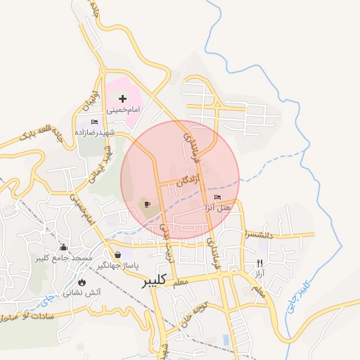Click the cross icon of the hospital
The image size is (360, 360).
coord(123,98)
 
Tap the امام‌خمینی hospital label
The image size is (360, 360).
coord(124,110)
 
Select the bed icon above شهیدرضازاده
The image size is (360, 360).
coord(95,122)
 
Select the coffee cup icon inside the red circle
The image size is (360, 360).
coord(147,205)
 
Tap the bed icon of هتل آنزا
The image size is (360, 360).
coord(217,198)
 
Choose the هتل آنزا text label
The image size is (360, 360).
coord(218,208)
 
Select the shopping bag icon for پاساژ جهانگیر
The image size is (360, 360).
coord(117,254)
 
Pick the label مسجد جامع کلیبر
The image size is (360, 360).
coord(65,259)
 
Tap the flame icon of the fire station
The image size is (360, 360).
coord(82,281)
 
